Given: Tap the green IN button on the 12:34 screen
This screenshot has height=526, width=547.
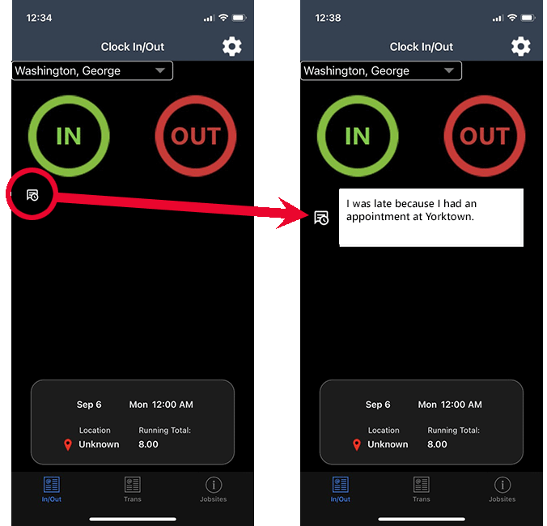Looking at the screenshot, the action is [69, 136].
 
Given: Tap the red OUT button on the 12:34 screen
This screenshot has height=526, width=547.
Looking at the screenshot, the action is [196, 136].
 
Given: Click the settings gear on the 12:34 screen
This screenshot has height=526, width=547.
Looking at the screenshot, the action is [232, 46].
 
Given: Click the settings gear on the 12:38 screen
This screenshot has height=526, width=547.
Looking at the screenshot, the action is [521, 46].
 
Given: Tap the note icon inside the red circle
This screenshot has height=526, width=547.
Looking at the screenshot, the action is [32, 195].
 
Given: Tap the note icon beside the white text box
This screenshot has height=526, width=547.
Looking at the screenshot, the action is [321, 218].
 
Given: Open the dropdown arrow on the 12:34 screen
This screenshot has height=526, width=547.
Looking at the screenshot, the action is [160, 70].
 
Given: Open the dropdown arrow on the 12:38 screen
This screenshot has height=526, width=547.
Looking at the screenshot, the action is [449, 70].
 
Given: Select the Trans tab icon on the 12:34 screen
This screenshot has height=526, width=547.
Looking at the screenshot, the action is [133, 485].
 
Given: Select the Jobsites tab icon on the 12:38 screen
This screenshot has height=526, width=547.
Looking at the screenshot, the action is [502, 485].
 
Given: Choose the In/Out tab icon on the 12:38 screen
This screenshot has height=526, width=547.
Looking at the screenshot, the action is [341, 485].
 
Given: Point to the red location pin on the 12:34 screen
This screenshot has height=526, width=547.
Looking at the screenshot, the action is [68, 445].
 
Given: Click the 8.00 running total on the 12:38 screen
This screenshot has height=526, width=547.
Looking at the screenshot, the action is [437, 444].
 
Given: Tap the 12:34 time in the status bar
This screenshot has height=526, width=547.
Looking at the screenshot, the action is [39, 18].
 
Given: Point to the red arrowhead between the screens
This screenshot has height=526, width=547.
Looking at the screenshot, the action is [292, 214].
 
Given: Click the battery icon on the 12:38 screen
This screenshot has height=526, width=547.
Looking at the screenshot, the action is [528, 18].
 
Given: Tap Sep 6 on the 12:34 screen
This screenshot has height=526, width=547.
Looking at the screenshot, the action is [89, 405].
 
